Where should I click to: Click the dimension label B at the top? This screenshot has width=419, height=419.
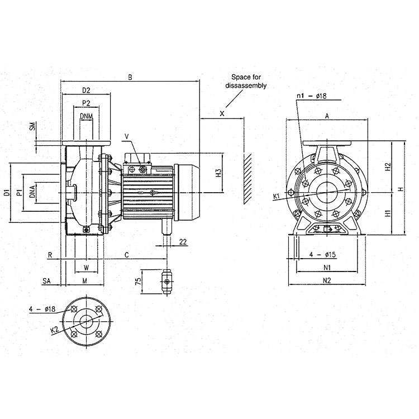(130, 78)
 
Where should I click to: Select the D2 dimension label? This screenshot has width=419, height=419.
(86, 89)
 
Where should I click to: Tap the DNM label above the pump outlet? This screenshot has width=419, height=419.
(86, 116)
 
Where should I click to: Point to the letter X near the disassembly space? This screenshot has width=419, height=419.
(222, 113)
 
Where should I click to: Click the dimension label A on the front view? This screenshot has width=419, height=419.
(327, 116)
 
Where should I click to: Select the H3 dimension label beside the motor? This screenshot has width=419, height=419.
(218, 172)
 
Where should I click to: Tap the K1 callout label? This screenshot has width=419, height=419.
(277, 196)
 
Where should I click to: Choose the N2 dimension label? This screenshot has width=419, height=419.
(327, 280)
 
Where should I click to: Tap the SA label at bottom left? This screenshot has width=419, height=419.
(47, 280)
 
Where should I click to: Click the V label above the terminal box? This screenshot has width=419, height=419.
(126, 135)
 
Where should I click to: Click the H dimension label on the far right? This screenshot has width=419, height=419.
(400, 189)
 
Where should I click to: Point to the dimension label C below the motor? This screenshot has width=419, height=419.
(126, 255)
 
